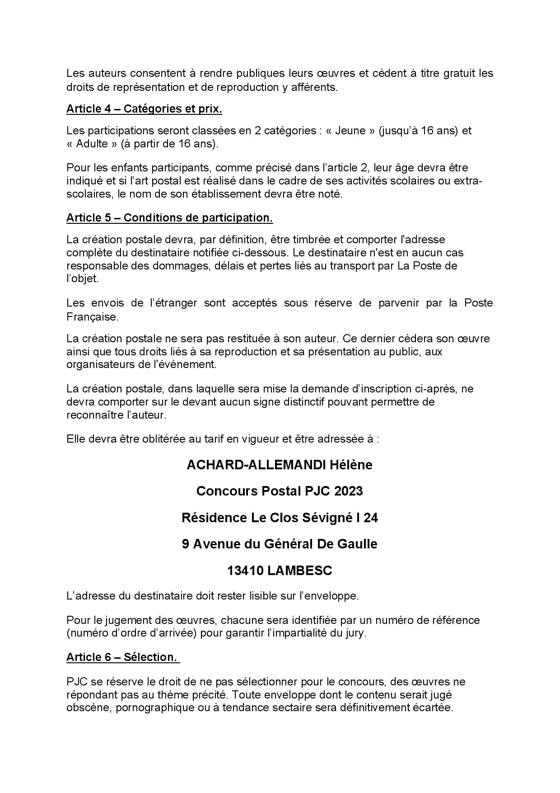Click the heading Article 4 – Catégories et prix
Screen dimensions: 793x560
[144, 109]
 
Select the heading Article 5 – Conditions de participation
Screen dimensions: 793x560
[169, 217]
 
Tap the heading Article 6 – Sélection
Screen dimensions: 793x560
[122, 657]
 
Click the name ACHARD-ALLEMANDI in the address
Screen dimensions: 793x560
[252, 465]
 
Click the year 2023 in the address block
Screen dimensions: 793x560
[349, 491]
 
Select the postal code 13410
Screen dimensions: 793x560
[245, 571]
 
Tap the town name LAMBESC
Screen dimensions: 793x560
[299, 571]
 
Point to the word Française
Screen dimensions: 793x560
[92, 316]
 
